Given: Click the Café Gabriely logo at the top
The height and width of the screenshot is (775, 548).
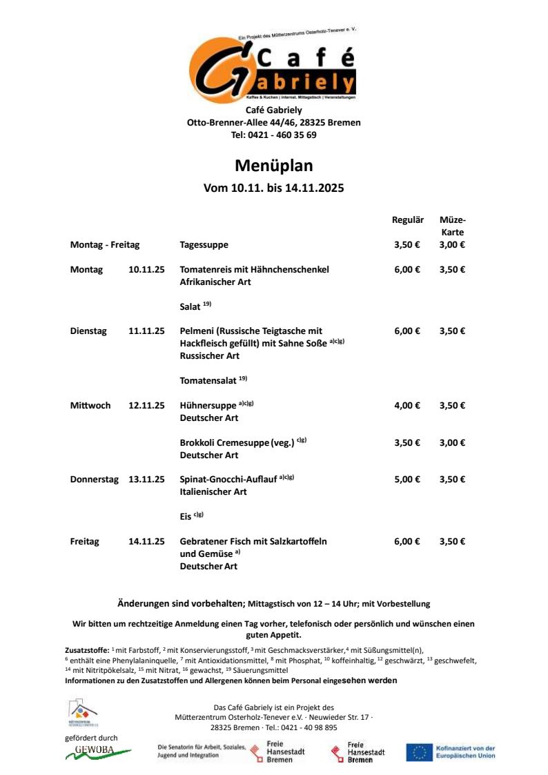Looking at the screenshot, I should (273, 68).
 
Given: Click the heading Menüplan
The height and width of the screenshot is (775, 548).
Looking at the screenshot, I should (273, 166).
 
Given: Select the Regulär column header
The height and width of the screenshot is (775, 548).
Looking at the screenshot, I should (407, 220).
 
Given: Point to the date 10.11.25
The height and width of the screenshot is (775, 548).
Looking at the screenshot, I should (146, 270).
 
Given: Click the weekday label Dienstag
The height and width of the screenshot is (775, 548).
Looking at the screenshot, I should (88, 331).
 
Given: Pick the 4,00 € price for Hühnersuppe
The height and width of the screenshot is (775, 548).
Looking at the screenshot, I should (407, 406).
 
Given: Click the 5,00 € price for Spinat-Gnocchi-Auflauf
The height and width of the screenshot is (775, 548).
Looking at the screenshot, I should (407, 480).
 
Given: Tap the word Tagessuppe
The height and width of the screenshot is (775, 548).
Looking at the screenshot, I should (204, 245).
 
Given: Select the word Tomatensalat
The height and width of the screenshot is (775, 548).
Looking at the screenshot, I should (208, 381).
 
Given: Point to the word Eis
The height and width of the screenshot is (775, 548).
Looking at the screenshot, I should (186, 516).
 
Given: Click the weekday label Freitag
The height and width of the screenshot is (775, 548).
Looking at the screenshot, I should (84, 542).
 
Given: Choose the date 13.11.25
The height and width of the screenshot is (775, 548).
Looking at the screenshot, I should (146, 480).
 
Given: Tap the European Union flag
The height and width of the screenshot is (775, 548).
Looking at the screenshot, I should (419, 752).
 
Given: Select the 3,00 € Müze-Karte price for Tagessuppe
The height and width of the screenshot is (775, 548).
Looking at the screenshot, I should (452, 245).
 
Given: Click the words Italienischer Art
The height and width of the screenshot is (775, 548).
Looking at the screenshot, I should (213, 492).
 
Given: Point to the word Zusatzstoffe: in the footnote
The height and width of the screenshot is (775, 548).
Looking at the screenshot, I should (87, 650).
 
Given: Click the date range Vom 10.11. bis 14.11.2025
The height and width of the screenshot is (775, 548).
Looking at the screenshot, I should (273, 188).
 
